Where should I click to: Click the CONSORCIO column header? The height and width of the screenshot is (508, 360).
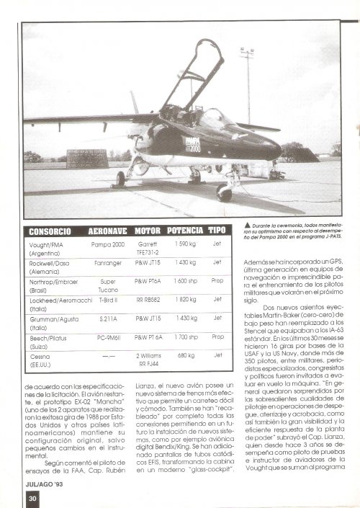click(53, 231)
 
